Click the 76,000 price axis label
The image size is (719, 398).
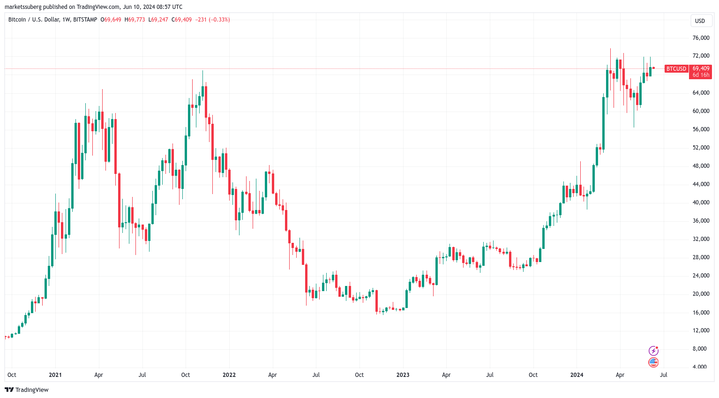point(701,38)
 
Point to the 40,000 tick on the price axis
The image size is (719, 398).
point(701,203)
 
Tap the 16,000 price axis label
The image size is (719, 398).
point(701,312)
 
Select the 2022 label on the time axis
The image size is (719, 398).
point(229,375)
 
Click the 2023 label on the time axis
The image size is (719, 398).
point(403,375)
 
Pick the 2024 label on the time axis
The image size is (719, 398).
point(577,375)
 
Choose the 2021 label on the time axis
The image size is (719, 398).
point(55,375)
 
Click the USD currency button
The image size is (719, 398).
point(700,21)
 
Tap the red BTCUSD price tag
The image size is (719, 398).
point(676,69)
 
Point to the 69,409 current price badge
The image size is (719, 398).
point(701,68)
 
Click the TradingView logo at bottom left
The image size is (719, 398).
point(27,390)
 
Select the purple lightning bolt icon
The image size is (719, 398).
point(653,351)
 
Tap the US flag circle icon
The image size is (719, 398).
point(653,362)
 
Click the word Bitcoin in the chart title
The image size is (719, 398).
point(17,20)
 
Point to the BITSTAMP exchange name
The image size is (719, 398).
point(85,20)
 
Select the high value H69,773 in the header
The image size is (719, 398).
point(135,20)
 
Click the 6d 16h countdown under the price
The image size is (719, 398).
point(701,75)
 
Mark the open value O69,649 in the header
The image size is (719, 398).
point(111,20)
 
